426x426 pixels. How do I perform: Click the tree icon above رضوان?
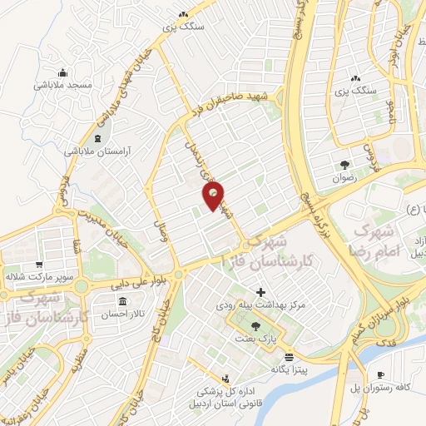344,164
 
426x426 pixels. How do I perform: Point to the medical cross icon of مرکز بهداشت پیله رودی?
262,293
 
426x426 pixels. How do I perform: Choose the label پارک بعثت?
255,339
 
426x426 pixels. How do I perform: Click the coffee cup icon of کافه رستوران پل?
381,375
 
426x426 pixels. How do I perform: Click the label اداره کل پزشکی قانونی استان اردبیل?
223,399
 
